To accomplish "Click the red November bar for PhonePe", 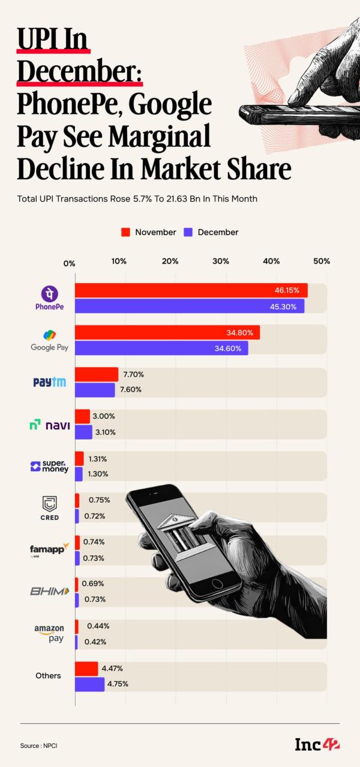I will click(191, 290).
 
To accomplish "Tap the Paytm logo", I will click(49, 382).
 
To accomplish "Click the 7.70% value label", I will click(133, 374).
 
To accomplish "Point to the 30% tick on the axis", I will click(221, 261).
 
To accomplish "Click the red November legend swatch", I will click(125, 232).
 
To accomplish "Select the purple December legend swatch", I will click(187, 232).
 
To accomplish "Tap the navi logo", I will click(50, 425).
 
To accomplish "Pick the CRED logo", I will click(50, 507).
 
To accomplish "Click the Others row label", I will click(48, 675).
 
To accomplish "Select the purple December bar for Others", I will click(89, 684).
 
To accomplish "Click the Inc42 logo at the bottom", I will click(316, 745).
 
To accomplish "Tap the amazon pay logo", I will click(49, 633).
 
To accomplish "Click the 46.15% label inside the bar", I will click(287, 290).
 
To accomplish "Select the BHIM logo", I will click(50, 591).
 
